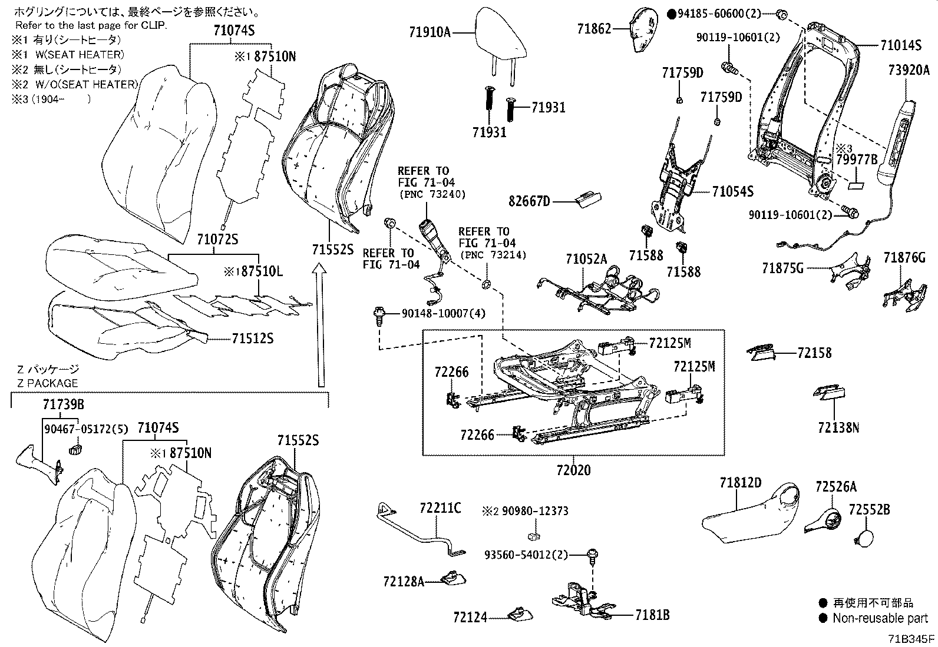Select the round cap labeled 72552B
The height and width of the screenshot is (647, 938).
(864, 537)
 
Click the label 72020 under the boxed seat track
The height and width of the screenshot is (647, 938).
(573, 470)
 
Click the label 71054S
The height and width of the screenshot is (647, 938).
(732, 191)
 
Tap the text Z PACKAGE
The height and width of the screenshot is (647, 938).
(47, 383)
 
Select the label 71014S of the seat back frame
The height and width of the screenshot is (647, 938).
(901, 45)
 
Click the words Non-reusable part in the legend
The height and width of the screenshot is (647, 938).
(880, 618)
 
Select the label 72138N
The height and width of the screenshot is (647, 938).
(838, 427)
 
